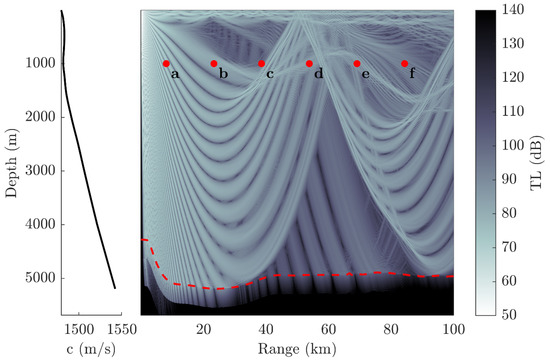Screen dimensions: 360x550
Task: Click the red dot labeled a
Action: click(166, 63)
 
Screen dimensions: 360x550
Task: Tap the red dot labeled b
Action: click(214, 63)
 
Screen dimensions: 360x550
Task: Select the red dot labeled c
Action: click(261, 63)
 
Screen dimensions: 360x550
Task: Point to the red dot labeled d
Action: click(309, 63)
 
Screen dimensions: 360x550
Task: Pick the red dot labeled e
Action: click(357, 63)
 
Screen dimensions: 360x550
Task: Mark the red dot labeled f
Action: click(404, 63)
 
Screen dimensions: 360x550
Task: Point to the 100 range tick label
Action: click(453, 329)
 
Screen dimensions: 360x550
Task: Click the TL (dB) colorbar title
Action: click(540, 163)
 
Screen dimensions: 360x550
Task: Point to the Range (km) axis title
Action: click(297, 348)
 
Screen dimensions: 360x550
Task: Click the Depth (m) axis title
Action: click(11, 163)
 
